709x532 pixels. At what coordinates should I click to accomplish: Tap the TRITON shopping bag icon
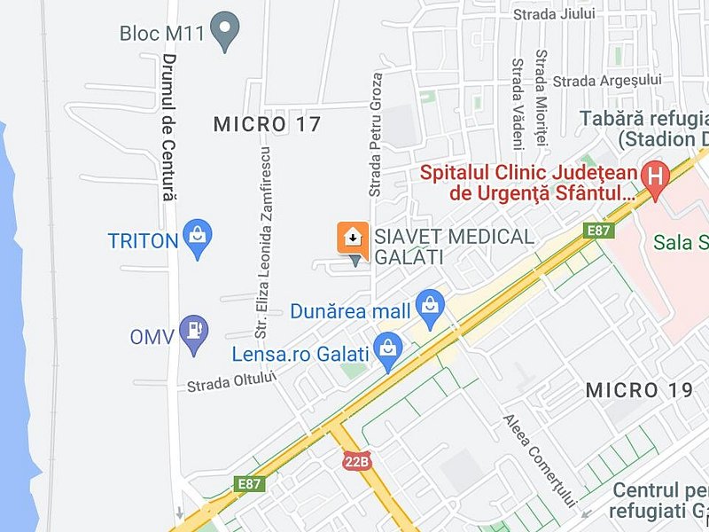click(197, 238)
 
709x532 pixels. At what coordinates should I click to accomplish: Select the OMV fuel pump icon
click(193, 333)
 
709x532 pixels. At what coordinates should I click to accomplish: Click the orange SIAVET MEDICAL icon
click(352, 237)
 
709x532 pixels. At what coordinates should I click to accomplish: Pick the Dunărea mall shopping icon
click(431, 308)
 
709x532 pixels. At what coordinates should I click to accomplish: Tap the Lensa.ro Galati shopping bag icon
click(387, 351)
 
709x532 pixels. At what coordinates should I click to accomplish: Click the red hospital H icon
click(655, 174)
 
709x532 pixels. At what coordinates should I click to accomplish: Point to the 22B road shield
click(356, 461)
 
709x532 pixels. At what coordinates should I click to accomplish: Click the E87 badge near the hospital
click(599, 231)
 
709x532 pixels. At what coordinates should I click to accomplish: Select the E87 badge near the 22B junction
click(251, 484)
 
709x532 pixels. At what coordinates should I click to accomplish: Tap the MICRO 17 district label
click(267, 124)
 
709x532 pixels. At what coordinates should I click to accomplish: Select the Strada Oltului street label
click(232, 381)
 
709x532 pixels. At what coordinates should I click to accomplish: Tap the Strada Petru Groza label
click(376, 134)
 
